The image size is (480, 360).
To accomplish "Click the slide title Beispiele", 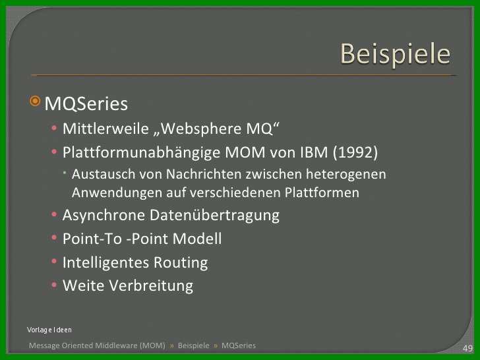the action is point(395,55).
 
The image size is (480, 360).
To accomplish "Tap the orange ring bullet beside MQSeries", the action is point(35,101).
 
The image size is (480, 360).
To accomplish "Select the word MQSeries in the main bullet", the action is point(86,104).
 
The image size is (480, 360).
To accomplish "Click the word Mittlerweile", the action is point(105,129).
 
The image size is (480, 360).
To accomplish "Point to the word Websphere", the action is point(202,129).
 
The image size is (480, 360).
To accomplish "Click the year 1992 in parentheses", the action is point(355,152).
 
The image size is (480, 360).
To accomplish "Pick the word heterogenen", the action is point(346,175).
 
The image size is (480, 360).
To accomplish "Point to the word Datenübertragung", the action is point(214,215).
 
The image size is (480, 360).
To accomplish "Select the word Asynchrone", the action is point(104,215).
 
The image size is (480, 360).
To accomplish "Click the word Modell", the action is point(197,239).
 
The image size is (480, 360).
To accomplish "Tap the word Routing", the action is point(181,262).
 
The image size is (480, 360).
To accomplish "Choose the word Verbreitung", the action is point(151,285).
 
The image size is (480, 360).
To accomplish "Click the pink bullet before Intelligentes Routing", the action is point(54,261).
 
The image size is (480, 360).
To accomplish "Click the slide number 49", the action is point(467,348).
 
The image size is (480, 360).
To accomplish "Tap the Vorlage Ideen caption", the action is point(49,330).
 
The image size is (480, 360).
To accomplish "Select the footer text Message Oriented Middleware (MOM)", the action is point(97,345).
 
